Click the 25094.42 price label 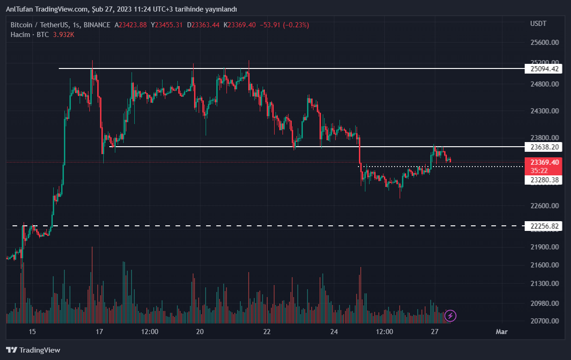(x=543, y=69)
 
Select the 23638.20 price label (x=543, y=147)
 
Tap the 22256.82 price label (x=543, y=226)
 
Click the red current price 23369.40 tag (x=544, y=162)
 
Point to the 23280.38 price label (x=543, y=180)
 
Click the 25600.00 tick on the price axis (x=544, y=43)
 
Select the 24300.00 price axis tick (x=544, y=111)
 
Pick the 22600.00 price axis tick (x=544, y=206)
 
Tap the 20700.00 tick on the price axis (x=544, y=321)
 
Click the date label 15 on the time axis (x=32, y=332)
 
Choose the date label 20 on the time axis (x=200, y=332)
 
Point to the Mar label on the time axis (x=502, y=332)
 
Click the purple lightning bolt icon (x=451, y=316)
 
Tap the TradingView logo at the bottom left (x=33, y=350)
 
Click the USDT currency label (x=538, y=24)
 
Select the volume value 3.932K (x=64, y=34)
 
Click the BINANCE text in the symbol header (x=97, y=25)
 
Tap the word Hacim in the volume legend (x=20, y=34)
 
